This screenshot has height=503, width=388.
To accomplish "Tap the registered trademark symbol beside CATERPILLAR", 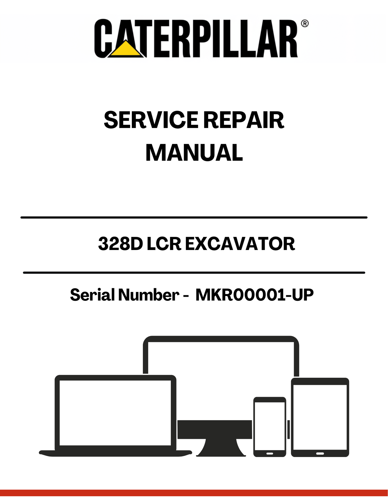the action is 304,23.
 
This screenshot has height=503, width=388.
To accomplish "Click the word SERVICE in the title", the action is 151,120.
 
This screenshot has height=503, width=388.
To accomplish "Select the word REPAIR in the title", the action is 244,120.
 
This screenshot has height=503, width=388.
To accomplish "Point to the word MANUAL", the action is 194,153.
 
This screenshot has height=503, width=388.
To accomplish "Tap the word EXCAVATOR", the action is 240,244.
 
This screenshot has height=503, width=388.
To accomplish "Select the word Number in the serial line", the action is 148,295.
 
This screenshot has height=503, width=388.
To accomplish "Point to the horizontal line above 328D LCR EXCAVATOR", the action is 194,217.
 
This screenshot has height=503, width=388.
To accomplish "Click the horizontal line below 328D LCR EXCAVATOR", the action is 194,273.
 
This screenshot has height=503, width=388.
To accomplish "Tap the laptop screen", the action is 115,413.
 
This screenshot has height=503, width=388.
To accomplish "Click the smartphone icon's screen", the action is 270,426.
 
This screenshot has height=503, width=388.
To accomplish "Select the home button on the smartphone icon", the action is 270,454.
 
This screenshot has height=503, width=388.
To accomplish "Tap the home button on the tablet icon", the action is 320,454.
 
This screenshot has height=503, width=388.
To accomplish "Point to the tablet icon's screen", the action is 320,417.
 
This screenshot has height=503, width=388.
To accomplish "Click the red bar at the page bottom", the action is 194,493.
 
